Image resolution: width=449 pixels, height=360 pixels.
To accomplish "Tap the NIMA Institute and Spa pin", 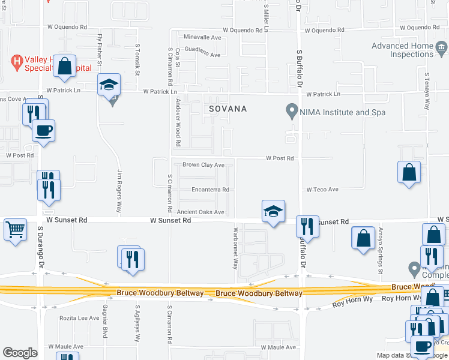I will [292, 111].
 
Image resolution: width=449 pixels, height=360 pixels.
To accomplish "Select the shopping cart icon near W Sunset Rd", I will [16, 229].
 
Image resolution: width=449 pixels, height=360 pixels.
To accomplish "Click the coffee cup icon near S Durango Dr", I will [43, 130].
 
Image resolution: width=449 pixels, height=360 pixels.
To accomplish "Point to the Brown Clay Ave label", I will [203, 165].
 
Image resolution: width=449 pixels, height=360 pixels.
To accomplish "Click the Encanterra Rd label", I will [210, 190].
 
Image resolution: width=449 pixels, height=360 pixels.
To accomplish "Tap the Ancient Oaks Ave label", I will [200, 212].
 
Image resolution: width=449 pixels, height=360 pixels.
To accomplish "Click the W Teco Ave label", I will [322, 190].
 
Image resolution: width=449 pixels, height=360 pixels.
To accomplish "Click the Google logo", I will [20, 353].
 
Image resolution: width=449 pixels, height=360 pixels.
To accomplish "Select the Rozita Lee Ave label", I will [79, 318].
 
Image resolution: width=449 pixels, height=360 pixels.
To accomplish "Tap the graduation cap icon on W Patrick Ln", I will [109, 85].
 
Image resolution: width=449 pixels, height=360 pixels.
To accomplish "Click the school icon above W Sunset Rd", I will [273, 211].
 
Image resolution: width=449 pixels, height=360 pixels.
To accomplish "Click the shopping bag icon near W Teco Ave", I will [409, 172].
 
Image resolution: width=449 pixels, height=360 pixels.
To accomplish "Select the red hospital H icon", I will [18, 61].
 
